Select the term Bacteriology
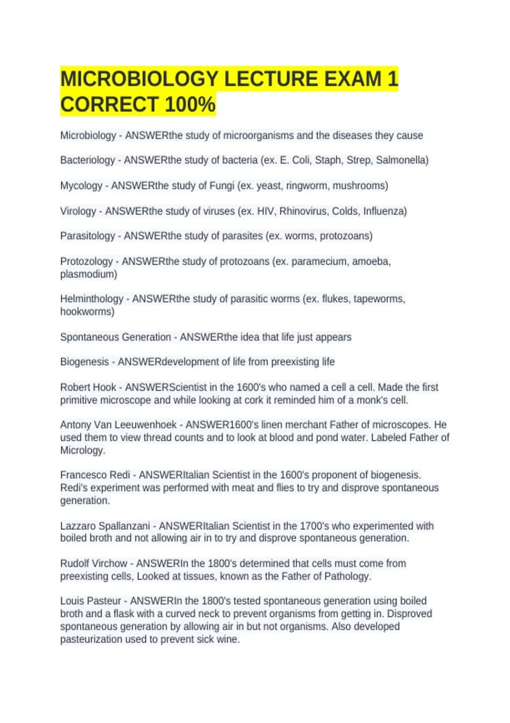pyautogui.click(x=88, y=160)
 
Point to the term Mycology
pyautogui.click(x=81, y=186)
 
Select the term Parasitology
pyautogui.click(x=88, y=236)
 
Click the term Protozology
pyautogui.click(x=86, y=261)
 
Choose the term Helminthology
pyautogui.click(x=92, y=299)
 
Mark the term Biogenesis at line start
pyautogui.click(x=85, y=362)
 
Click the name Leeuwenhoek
pyautogui.click(x=145, y=425)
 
